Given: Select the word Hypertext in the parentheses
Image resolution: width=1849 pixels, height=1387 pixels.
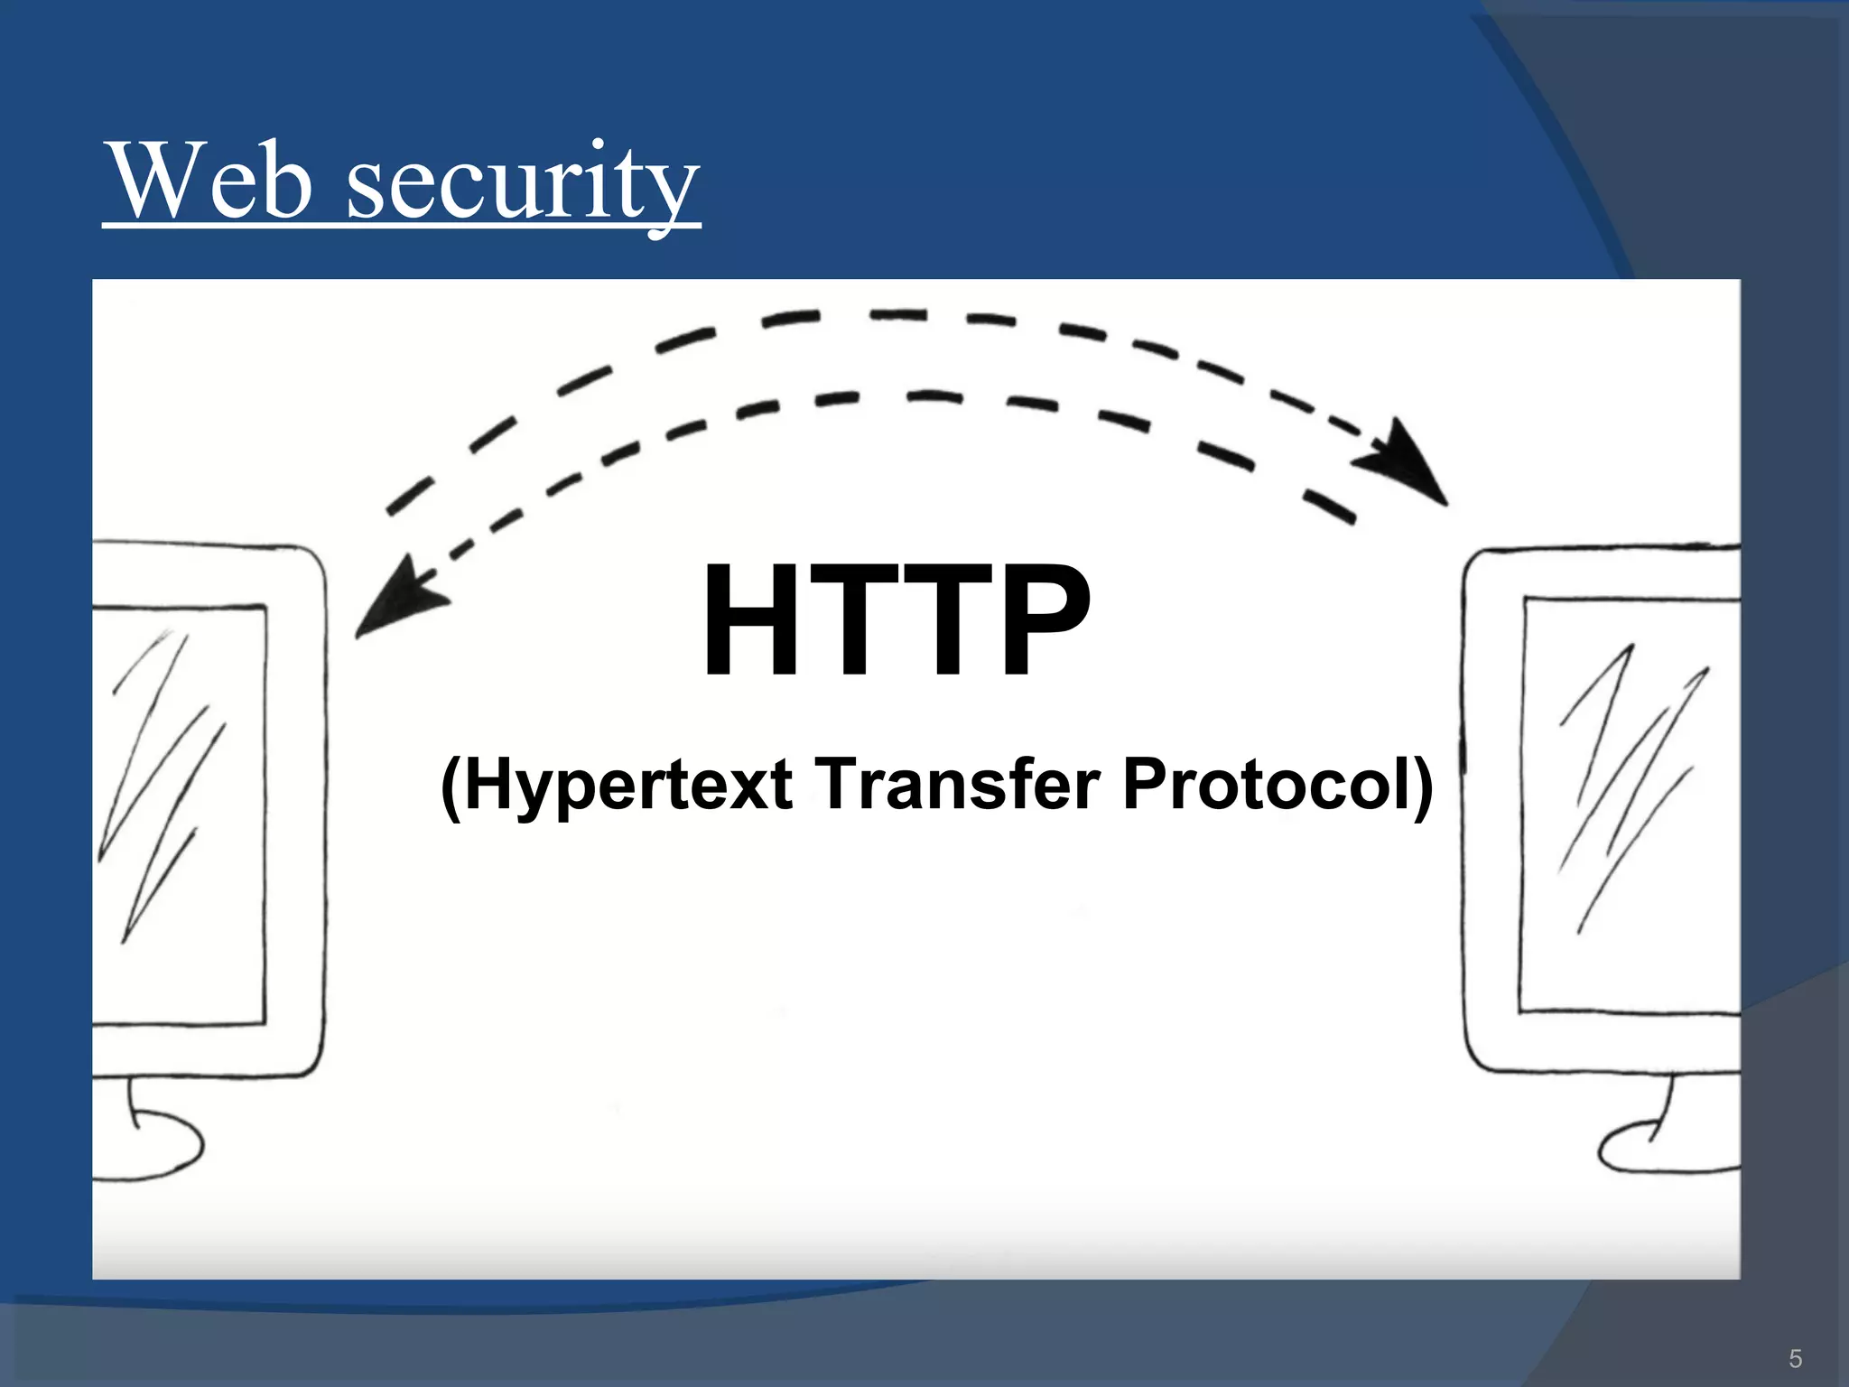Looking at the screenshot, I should [629, 785].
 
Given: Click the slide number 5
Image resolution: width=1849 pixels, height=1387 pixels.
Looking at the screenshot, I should [1795, 1358].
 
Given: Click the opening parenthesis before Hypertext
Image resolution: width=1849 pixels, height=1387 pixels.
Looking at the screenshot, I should [451, 785].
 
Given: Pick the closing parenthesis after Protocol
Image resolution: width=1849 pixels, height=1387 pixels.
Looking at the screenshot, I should [1421, 785].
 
